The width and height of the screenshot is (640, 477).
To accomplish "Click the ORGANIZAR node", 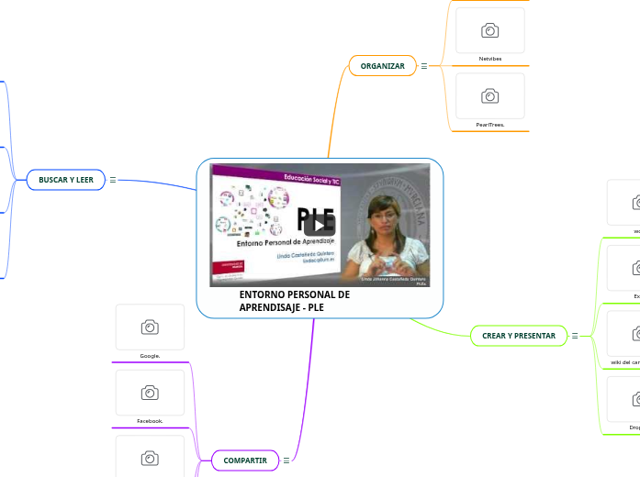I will (x=382, y=66).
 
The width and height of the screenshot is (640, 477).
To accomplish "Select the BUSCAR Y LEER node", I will (x=66, y=180).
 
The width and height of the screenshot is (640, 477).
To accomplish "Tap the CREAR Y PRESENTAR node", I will (x=519, y=336).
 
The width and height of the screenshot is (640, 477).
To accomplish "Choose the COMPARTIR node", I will (x=245, y=460).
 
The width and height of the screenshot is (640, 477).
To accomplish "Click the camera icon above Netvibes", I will (x=490, y=31).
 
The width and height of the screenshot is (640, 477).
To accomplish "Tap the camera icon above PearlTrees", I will (x=490, y=96).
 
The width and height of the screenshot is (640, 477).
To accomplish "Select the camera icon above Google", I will (x=150, y=327).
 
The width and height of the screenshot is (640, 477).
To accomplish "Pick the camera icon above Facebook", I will (x=150, y=393).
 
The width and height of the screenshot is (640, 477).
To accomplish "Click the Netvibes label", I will (x=490, y=59).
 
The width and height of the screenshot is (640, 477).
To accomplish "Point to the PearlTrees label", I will (x=490, y=124).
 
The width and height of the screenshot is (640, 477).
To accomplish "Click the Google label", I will (x=150, y=355).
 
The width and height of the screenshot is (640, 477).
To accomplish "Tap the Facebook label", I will (x=150, y=420).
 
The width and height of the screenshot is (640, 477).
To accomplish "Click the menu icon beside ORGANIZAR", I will (x=423, y=66).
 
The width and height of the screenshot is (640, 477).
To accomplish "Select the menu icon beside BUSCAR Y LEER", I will (x=113, y=180).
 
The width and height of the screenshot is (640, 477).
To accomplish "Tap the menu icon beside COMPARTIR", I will (x=286, y=460).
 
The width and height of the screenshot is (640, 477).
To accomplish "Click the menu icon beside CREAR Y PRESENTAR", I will (x=575, y=336).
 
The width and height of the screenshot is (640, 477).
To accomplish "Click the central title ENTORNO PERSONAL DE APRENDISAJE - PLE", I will (x=294, y=301).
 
